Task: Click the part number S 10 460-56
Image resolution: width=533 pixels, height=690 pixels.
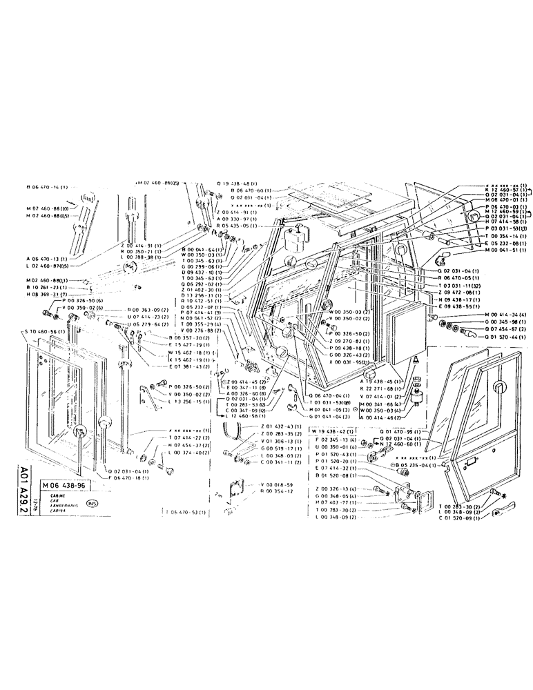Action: coord(47,332)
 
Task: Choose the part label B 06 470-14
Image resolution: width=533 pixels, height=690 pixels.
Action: coord(48,187)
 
